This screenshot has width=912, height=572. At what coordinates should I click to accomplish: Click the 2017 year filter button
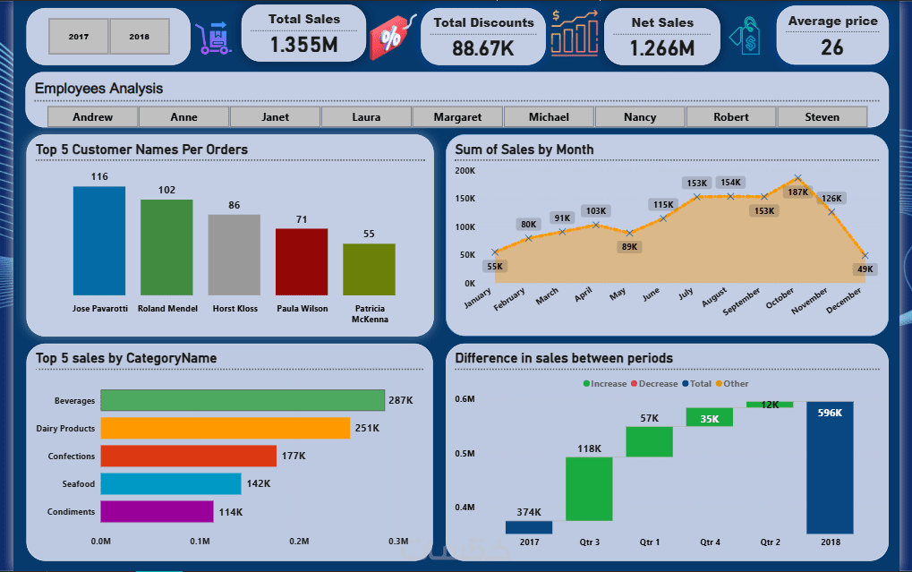point(79,37)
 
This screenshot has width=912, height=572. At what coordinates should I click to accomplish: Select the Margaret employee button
point(457,117)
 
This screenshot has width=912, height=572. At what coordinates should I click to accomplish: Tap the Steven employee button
point(822,117)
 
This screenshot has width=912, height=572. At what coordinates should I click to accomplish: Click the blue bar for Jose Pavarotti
point(99,241)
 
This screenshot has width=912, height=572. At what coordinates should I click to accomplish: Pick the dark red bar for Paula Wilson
point(302,261)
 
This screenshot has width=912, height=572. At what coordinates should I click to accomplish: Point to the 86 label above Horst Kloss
point(234,205)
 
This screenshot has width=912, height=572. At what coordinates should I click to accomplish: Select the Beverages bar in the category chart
point(242,400)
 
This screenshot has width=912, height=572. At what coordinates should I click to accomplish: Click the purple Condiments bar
point(157,511)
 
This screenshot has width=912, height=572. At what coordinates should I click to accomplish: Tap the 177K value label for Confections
point(294,457)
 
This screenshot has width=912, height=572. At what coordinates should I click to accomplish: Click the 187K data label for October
point(797,192)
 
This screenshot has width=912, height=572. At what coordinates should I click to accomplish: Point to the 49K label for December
point(865,269)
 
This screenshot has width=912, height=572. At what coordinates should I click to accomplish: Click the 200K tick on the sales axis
point(465,170)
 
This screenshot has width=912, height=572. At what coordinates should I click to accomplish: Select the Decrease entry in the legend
point(658,384)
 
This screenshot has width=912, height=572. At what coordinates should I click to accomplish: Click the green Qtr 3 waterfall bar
point(589,489)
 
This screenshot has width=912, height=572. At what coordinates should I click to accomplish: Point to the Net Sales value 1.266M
point(661,48)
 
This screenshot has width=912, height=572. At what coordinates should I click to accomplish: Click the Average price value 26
point(832,47)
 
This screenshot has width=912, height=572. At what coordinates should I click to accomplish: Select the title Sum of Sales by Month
point(524,149)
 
